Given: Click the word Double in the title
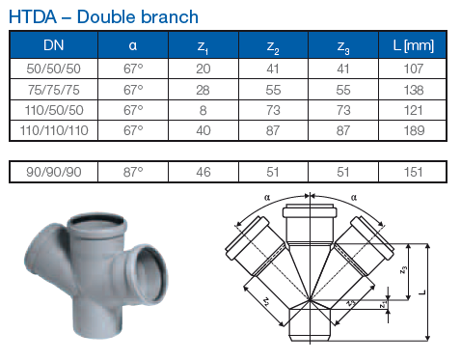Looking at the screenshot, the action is pos(105,17).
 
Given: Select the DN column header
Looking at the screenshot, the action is pos(54,45).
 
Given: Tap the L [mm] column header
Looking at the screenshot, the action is pos(414,45).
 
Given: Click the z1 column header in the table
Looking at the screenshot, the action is pos(203,47).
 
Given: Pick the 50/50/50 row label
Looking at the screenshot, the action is pos(54,69).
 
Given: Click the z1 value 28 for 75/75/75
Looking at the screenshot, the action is pos(203,90).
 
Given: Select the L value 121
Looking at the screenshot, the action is pos(414,110).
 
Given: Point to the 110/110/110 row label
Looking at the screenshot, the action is pos(54,130).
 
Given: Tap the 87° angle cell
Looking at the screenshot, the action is pos(133,172).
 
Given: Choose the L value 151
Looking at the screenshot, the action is pos(414,172).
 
